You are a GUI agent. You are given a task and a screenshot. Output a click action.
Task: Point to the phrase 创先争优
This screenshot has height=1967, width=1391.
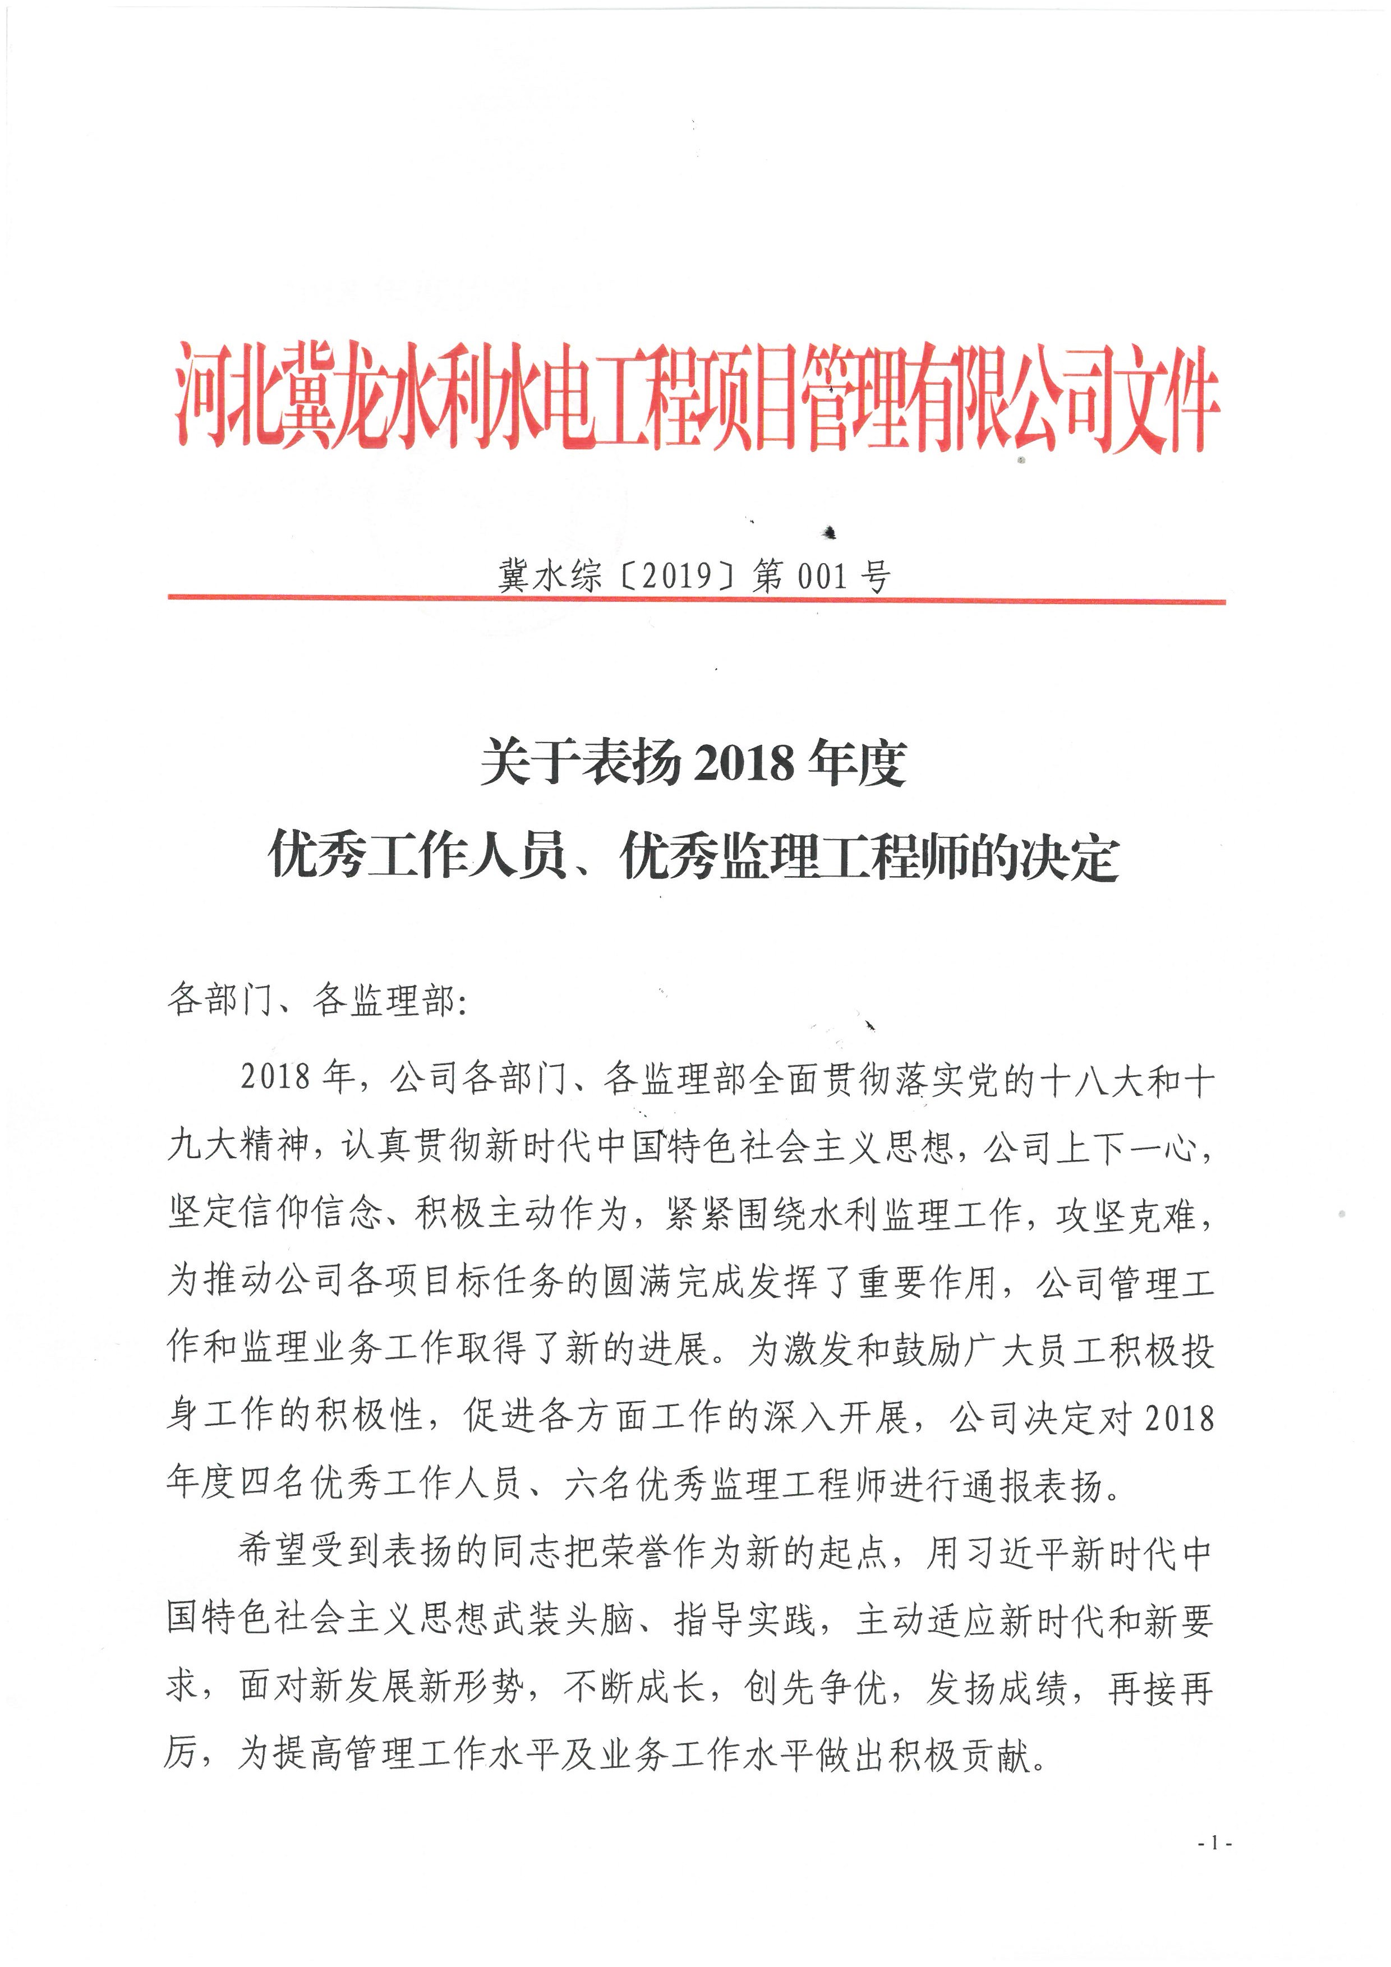click(x=814, y=1687)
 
